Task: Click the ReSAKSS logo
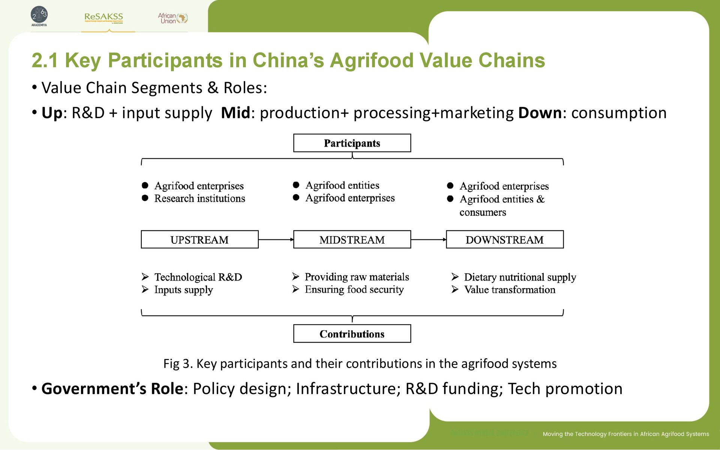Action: point(103,18)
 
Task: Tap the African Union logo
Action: point(172,18)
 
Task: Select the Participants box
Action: point(352,143)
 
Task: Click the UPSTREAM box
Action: point(199,240)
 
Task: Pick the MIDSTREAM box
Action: point(352,240)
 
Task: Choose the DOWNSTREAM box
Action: point(504,240)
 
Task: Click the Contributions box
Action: point(352,334)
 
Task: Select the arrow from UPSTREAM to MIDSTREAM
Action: point(276,240)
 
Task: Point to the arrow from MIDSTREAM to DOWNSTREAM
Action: point(428,240)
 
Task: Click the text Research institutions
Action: point(199,198)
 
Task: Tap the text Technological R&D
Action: point(198,277)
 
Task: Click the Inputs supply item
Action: point(183,290)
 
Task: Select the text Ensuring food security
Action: point(354,289)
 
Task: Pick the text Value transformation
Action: point(509,290)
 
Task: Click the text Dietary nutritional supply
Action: point(520,277)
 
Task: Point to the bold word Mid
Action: point(235,113)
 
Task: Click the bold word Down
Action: point(540,113)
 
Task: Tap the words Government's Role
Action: point(112,389)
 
